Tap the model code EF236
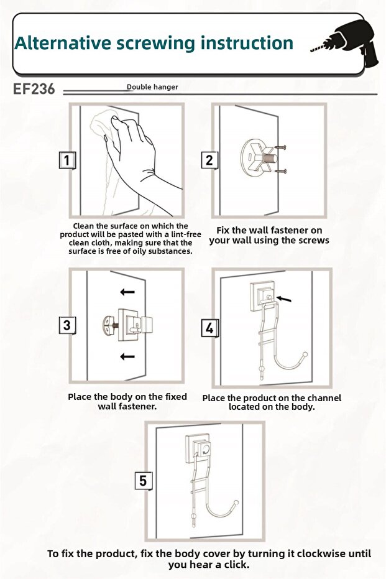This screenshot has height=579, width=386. [x=34, y=89]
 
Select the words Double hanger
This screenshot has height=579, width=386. [x=152, y=87]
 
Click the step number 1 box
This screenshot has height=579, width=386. [x=67, y=160]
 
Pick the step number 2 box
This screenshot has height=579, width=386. [x=209, y=160]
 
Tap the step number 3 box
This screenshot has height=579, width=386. [x=67, y=325]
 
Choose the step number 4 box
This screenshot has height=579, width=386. [x=209, y=328]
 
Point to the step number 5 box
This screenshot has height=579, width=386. [x=143, y=481]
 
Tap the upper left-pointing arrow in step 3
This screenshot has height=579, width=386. [x=127, y=292]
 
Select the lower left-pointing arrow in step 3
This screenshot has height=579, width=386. [x=127, y=356]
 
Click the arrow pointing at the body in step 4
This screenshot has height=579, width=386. [x=284, y=299]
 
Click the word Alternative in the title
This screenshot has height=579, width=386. [x=63, y=43]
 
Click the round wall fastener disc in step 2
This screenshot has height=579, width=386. [x=251, y=158]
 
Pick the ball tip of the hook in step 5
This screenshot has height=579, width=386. [x=236, y=503]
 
